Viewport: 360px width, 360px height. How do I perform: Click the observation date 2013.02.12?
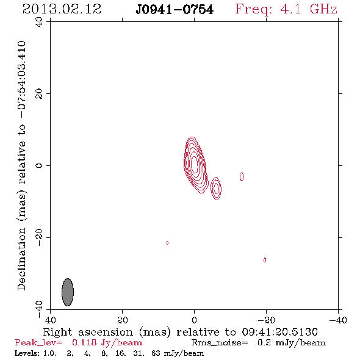62,9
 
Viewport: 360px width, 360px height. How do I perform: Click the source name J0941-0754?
175,10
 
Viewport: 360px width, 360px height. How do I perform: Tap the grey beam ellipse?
68,292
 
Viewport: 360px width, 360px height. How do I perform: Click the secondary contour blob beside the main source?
216,189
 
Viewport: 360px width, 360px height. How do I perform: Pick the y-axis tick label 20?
39,94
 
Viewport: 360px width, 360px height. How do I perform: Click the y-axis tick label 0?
39,165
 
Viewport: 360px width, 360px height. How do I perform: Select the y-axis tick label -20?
39,237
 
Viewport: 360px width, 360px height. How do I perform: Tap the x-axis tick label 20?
123,320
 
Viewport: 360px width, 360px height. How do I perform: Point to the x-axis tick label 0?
195,320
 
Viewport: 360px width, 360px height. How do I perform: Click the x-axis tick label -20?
266,320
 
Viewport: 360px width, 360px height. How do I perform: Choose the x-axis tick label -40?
338,320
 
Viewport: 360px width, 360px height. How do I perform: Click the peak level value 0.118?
84,342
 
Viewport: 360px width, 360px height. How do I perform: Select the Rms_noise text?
220,343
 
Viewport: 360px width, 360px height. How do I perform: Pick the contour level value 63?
156,353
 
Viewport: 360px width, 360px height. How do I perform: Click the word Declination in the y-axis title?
21,259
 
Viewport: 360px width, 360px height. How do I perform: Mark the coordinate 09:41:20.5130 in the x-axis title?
279,332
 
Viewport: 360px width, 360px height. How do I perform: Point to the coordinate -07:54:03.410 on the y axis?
21,80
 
